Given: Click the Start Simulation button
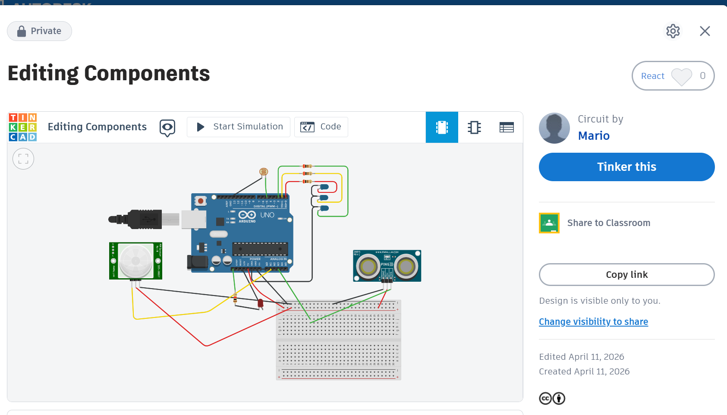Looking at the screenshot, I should click(x=239, y=127).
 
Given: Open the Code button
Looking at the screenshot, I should click(x=321, y=127).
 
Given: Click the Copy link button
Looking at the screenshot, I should click(x=626, y=275).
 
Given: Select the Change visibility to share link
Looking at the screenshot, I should click(x=593, y=322).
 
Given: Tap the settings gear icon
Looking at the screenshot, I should click(x=673, y=31).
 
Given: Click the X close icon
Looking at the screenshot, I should click(x=705, y=31).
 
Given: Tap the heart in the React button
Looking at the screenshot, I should click(x=681, y=76).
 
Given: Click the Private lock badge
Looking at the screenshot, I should click(x=39, y=31).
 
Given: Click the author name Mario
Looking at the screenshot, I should click(x=594, y=136).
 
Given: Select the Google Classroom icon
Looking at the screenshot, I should click(x=549, y=223).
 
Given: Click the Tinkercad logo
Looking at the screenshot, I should click(x=23, y=127).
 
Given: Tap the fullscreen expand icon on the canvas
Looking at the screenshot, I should click(x=23, y=159).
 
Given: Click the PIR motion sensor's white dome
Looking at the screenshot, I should click(x=135, y=261).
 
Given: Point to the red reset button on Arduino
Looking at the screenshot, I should click(x=201, y=201).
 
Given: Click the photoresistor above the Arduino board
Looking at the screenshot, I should click(x=264, y=172).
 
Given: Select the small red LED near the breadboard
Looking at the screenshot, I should click(x=260, y=303).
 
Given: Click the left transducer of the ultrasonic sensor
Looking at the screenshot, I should click(x=368, y=267).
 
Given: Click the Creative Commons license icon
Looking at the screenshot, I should click(x=545, y=398).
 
